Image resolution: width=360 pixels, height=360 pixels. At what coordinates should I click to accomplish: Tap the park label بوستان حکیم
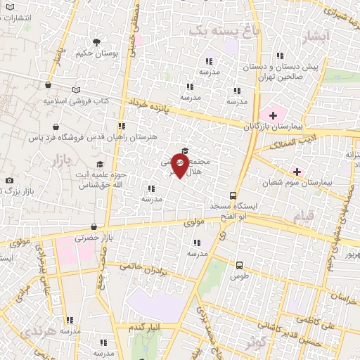click(97, 53)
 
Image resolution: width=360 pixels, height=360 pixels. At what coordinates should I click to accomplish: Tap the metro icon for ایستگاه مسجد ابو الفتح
click(233, 196)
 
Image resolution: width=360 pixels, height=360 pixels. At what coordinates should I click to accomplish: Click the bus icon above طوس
click(240, 265)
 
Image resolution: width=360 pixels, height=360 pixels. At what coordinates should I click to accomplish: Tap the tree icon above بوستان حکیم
click(97, 41)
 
